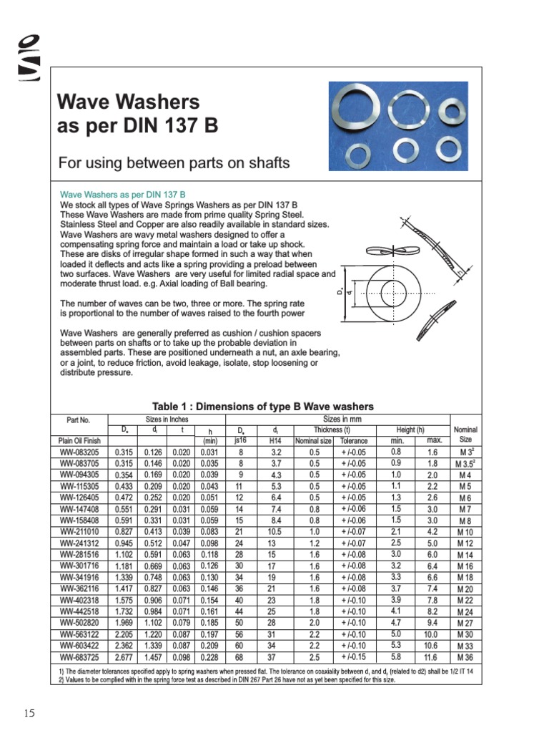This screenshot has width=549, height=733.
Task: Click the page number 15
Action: (29, 712)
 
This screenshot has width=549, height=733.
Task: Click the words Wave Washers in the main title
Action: (128, 102)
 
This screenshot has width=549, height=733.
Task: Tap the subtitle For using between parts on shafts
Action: (174, 163)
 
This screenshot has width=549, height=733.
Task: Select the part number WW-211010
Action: (79, 532)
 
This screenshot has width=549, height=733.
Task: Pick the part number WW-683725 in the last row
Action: (79, 656)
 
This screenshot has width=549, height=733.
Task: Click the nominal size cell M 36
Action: (465, 656)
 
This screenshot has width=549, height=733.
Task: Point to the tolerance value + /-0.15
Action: (352, 656)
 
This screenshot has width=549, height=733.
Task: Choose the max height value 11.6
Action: (431, 656)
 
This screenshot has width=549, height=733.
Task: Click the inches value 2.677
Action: (124, 656)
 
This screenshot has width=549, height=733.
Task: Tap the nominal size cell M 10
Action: (465, 533)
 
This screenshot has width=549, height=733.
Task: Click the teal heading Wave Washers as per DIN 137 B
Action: (123, 194)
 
